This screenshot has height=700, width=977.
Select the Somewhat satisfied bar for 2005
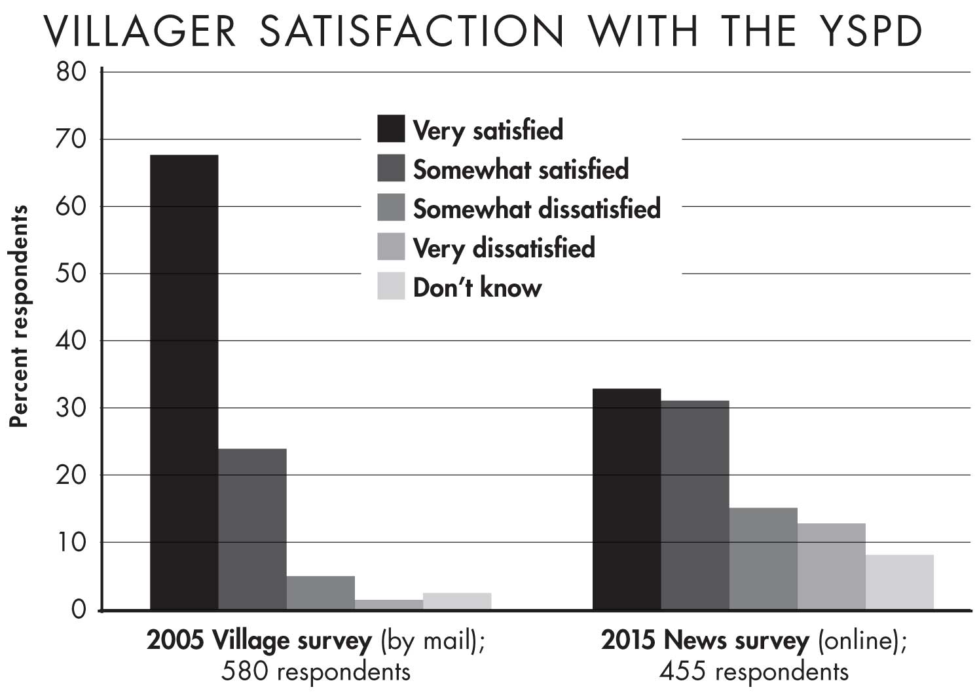tap(252, 529)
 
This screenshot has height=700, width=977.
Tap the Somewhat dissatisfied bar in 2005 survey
tap(320, 593)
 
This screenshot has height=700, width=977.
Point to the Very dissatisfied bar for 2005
tap(388, 604)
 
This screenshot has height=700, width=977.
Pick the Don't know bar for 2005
tap(456, 601)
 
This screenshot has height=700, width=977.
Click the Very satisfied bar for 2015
tap(626, 499)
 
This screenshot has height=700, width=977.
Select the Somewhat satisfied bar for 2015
tap(694, 505)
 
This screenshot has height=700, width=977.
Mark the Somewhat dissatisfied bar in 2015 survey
tap(763, 559)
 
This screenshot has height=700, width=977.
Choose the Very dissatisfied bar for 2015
tap(831, 566)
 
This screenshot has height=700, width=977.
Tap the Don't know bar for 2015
tap(899, 582)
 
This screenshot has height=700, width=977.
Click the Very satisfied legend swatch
tap(391, 129)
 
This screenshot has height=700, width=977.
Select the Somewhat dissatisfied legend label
tap(536, 209)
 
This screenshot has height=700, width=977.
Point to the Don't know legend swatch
tap(391, 286)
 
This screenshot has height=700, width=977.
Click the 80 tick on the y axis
tap(71, 71)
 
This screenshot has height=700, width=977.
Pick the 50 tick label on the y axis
tap(71, 273)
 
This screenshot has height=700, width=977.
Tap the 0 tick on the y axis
tap(79, 610)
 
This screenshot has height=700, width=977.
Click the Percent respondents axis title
tap(19, 316)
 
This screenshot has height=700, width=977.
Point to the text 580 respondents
tap(316, 671)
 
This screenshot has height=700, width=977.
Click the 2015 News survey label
tap(705, 640)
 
